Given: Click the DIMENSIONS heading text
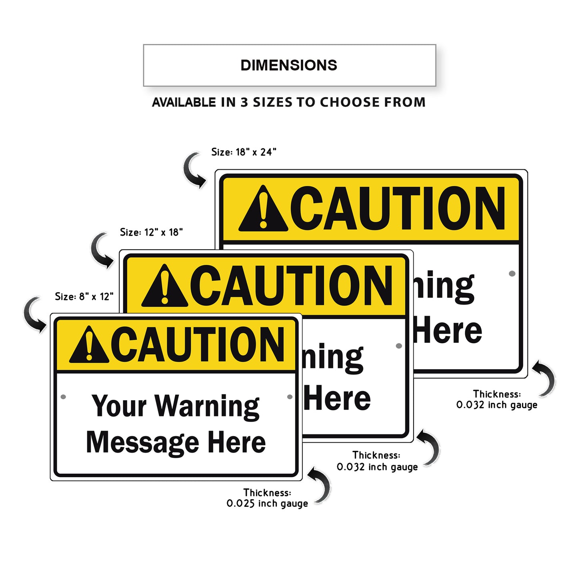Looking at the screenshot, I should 289,65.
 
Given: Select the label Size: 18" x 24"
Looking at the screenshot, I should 244,152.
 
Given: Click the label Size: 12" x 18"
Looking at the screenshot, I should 151,232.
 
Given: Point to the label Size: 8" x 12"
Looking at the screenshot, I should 84,296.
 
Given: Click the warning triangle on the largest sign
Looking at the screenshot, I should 263,210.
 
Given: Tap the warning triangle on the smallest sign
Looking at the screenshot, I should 89,345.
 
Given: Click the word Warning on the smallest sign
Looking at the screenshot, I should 207,407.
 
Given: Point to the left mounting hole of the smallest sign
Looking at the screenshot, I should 63,397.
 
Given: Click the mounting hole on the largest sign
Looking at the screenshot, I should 512,274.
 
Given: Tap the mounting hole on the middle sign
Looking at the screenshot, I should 399,346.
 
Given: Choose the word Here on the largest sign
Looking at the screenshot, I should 448,330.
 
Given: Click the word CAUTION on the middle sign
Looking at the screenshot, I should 291,286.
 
